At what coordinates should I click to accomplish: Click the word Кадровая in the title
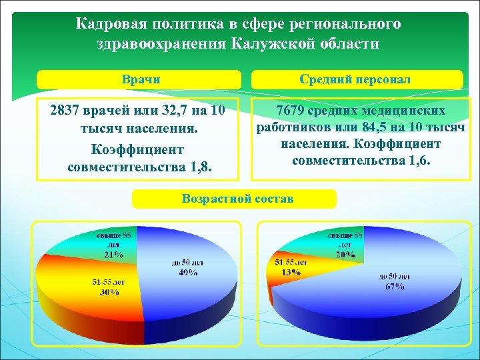point(104,25)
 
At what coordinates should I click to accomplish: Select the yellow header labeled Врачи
point(139,79)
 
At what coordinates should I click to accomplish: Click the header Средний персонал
point(356,79)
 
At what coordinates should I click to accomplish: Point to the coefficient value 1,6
point(417,160)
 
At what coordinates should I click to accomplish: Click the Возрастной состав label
point(237,199)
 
